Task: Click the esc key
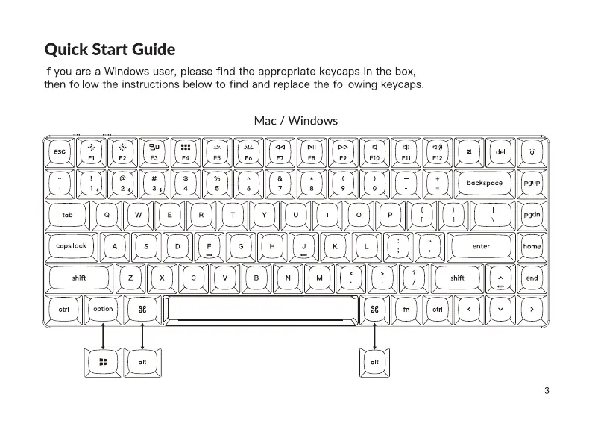(x=59, y=151)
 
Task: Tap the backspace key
(x=485, y=183)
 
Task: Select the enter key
(x=481, y=246)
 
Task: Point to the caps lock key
(x=71, y=246)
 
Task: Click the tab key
(x=67, y=215)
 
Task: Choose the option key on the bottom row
(x=103, y=309)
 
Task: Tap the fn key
(x=406, y=309)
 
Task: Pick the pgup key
(x=532, y=183)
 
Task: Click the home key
(x=532, y=246)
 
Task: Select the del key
(x=500, y=151)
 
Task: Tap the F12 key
(x=437, y=151)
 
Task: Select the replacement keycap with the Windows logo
(x=103, y=362)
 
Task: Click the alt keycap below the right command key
(x=374, y=362)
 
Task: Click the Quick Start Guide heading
(x=110, y=50)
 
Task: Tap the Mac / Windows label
(x=295, y=120)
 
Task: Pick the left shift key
(x=79, y=278)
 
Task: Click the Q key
(x=107, y=215)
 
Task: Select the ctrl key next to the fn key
(x=438, y=309)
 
